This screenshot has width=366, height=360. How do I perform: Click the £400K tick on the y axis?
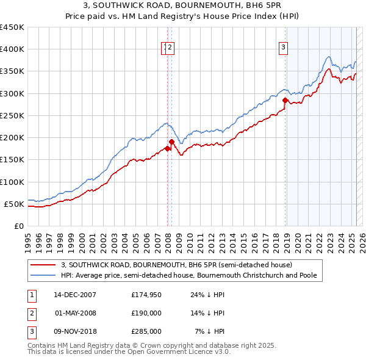click(12, 49)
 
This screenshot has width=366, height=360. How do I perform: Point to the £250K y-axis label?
click(12, 115)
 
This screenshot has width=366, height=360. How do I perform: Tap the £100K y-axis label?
click(12, 182)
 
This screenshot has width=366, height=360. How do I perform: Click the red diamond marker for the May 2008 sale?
click(171, 142)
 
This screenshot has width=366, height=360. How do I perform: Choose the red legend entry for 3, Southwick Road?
click(177, 265)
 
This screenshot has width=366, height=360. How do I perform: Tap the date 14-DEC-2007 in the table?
click(75, 295)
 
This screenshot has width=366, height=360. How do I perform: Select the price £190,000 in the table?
click(146, 313)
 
